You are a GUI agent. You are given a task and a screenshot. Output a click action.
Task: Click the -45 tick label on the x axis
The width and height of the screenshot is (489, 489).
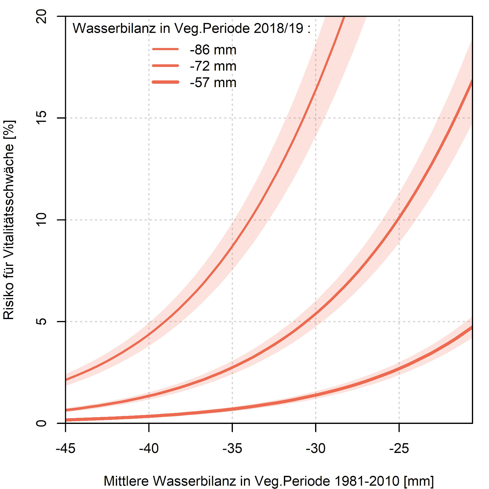(65, 448)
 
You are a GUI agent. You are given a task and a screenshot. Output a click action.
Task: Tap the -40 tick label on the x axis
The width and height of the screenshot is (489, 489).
(149, 448)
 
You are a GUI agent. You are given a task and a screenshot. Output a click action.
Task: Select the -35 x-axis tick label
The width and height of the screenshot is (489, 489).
(232, 448)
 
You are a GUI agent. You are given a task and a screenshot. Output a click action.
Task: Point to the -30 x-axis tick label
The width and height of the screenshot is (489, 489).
(316, 448)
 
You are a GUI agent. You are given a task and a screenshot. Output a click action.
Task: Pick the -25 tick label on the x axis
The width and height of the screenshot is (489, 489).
(399, 448)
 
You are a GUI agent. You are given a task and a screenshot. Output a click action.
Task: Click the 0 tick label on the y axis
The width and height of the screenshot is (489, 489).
(41, 423)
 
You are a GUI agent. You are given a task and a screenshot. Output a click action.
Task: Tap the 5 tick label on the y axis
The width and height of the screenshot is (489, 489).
(41, 322)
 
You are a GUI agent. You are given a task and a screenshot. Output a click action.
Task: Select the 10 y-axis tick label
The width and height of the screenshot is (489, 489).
(41, 220)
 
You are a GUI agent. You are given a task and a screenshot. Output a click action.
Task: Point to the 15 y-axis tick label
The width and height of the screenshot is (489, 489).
(41, 118)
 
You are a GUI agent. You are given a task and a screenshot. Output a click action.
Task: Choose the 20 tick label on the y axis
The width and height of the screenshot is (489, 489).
(41, 17)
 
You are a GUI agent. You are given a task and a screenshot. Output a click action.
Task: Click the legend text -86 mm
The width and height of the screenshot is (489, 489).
(213, 50)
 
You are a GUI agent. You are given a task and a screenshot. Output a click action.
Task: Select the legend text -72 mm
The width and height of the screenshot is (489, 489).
(213, 66)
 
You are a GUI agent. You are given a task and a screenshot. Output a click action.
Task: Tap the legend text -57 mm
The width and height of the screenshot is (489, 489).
(213, 83)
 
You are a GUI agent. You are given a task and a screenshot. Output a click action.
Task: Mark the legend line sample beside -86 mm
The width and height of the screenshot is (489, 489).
(165, 49)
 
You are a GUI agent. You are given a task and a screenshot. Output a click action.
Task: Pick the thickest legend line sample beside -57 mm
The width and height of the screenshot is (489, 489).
(165, 82)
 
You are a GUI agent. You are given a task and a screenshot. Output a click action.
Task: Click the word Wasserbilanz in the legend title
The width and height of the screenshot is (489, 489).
(114, 28)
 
